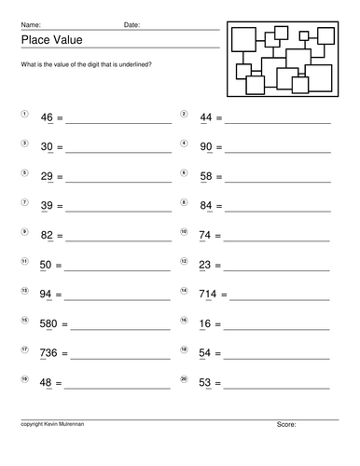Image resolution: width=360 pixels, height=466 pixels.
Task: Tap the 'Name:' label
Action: click(x=30, y=24)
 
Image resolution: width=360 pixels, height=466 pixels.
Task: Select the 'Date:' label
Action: click(x=132, y=24)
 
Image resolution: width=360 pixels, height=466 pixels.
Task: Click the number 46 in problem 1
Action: click(x=48, y=118)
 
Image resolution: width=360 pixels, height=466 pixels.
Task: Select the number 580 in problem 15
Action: click(x=50, y=323)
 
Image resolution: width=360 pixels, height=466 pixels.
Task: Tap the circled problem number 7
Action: click(x=24, y=201)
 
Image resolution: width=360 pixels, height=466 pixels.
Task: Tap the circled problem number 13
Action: click(x=24, y=289)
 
